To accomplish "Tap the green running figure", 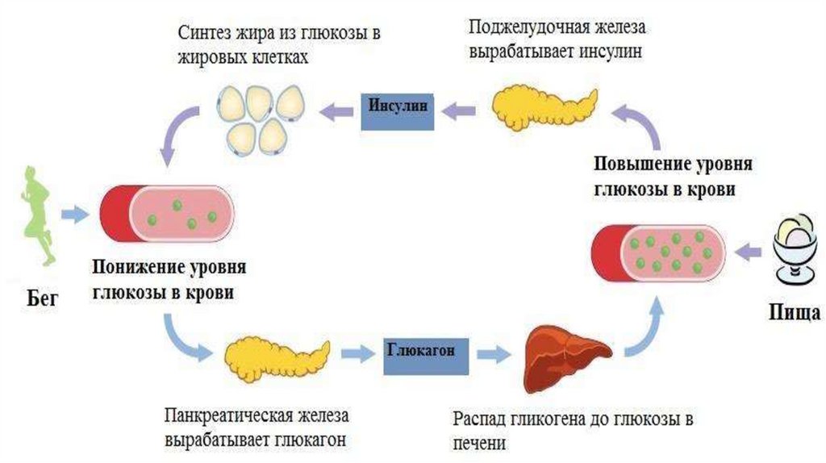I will [x=36, y=213].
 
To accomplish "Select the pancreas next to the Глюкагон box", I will [x=275, y=356].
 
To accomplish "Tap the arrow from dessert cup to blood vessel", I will [x=749, y=251].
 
